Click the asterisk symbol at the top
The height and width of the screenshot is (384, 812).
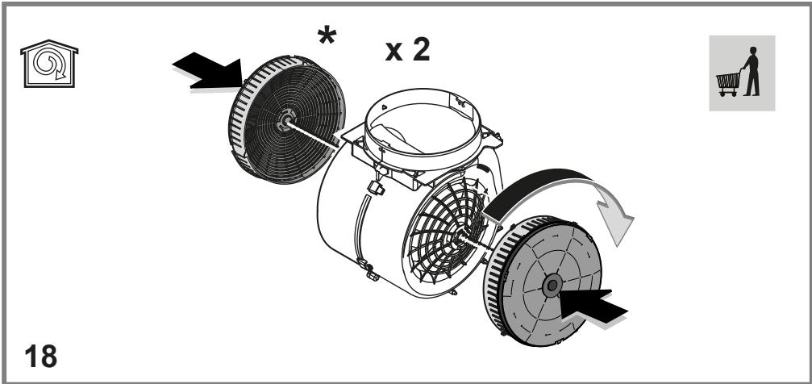click(x=327, y=35)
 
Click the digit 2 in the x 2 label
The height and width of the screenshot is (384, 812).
click(x=421, y=50)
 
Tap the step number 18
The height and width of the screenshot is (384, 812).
click(x=40, y=356)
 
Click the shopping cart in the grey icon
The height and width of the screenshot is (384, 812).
click(x=728, y=84)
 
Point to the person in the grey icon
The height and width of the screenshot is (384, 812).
click(x=751, y=71)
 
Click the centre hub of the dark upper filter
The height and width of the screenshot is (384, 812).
click(x=285, y=120)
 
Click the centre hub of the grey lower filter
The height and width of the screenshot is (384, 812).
click(x=552, y=285)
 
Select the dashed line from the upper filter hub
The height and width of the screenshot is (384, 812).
click(x=313, y=133)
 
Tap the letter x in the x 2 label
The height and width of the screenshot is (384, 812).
click(x=394, y=52)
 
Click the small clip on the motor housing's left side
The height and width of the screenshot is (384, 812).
click(x=376, y=188)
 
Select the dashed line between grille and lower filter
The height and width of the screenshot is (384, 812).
click(x=476, y=244)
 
